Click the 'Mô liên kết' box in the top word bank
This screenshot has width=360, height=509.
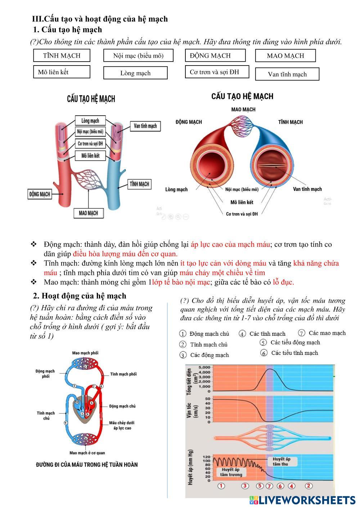(62, 72)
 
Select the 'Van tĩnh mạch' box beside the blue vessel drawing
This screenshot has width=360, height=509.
(145, 126)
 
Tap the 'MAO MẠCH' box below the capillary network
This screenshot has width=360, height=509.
(89, 213)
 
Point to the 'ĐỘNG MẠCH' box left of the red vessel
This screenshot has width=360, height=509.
(40, 194)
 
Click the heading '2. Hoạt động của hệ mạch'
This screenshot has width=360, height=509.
(80, 296)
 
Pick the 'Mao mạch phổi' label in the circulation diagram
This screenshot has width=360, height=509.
(85, 353)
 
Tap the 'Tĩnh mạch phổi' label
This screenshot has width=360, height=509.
(123, 374)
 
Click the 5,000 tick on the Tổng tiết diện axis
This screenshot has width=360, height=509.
(204, 367)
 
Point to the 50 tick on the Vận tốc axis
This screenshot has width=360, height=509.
(208, 399)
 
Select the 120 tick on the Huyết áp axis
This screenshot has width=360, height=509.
(207, 457)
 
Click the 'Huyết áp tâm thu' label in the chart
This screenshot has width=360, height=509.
(282, 461)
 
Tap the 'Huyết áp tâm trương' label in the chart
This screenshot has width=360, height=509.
(231, 472)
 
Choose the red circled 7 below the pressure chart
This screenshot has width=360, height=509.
(269, 486)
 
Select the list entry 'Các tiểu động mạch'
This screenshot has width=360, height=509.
(295, 343)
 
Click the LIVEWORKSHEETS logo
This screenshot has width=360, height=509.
(302, 500)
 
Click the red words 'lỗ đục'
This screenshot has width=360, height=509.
(283, 282)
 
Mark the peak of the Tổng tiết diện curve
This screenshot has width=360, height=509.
(269, 369)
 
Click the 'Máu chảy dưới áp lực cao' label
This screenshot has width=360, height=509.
(122, 425)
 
